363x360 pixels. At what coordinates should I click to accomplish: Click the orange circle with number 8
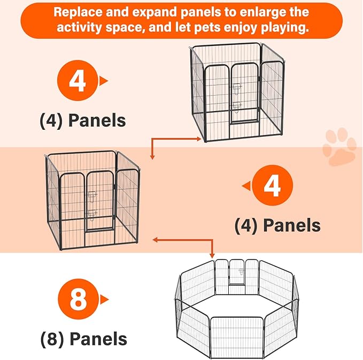click(78, 300)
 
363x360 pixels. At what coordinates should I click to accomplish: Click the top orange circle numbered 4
click(78, 81)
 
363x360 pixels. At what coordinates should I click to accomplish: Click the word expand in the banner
click(146, 12)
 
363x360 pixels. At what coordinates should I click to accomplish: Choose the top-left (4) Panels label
click(83, 120)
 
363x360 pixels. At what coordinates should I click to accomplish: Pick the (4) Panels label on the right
click(277, 225)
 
